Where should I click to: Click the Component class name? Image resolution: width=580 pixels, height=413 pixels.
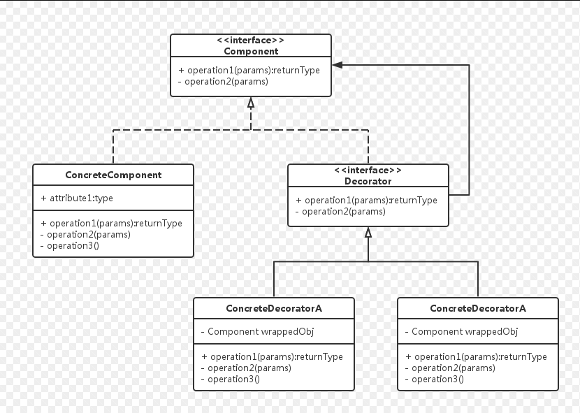251,51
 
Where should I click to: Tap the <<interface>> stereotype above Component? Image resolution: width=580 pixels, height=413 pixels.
251,40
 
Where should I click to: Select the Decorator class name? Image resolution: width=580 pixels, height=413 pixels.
368,181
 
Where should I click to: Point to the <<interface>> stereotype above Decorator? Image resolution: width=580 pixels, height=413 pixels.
368,170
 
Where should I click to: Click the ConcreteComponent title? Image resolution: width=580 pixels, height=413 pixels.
113,175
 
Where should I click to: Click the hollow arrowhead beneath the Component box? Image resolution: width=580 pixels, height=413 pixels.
251,103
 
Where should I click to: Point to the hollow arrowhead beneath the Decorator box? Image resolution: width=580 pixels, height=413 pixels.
368,233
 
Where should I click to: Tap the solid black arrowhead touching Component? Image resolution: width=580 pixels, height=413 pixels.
338,65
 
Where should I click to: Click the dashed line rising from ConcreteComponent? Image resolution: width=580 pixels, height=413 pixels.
113,147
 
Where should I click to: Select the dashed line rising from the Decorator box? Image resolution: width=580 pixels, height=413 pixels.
368,147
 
